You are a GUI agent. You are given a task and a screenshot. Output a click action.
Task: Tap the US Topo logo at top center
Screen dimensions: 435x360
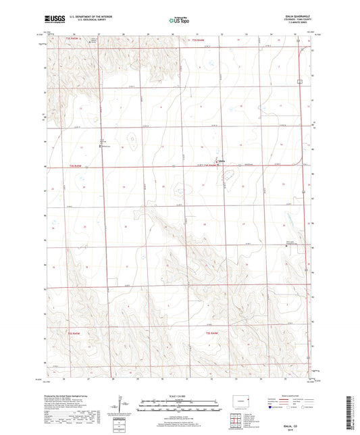(x=177, y=21)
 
